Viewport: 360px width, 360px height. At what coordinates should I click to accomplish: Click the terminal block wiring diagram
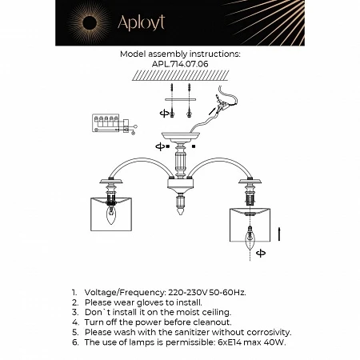(x=109, y=122)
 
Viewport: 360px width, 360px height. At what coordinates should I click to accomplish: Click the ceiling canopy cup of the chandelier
(x=180, y=137)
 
